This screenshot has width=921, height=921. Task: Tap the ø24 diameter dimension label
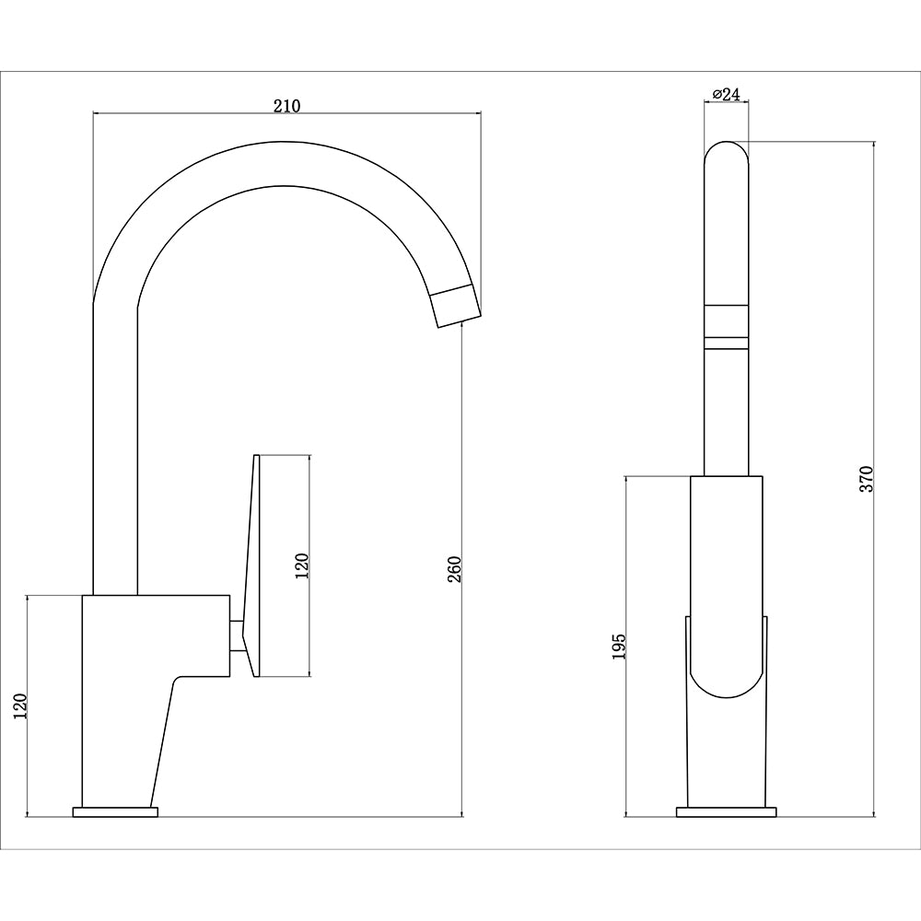point(727,94)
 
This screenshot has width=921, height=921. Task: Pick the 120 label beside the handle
point(302,563)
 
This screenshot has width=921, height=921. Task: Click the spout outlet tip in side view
point(457,305)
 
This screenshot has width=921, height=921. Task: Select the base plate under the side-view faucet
point(115,811)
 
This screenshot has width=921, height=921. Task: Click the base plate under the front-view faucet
point(727,811)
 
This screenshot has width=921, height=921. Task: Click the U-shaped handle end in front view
point(727,672)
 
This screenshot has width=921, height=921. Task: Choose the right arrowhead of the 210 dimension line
point(478,113)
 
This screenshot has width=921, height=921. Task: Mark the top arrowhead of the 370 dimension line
point(873,146)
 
